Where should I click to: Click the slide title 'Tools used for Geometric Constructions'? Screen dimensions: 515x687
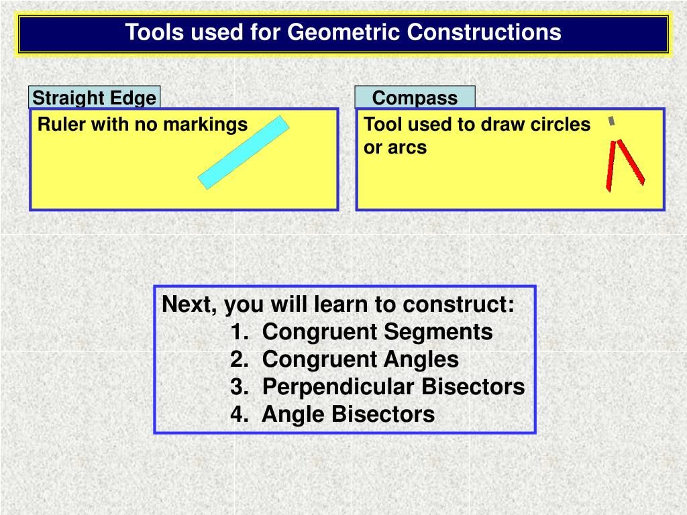[343, 32]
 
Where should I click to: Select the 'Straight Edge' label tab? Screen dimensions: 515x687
[94, 98]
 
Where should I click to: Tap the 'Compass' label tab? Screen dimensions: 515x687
[415, 98]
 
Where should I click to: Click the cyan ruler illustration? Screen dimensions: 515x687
[244, 152]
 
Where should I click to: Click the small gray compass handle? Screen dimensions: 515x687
[611, 121]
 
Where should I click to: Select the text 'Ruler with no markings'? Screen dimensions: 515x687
[142, 124]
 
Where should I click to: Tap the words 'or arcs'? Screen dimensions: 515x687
[394, 148]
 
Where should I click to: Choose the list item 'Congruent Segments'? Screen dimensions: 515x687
[377, 331]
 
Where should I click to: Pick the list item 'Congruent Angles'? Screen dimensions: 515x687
[360, 359]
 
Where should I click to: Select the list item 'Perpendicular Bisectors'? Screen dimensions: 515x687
[393, 387]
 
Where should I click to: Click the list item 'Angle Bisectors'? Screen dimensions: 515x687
[348, 414]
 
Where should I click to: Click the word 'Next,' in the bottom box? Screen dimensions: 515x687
[190, 304]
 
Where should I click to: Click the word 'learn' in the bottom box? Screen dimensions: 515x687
[341, 304]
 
